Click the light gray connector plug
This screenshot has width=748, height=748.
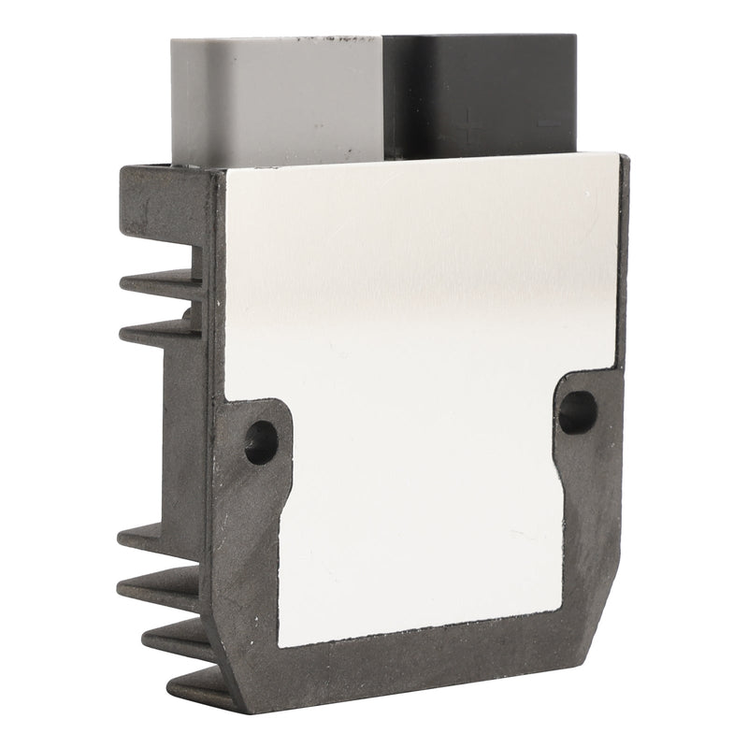(276, 98)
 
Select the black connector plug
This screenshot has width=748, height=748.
(482, 93)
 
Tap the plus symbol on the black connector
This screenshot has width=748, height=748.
(470, 122)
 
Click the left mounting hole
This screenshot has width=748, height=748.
(261, 441)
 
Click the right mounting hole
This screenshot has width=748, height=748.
(577, 411)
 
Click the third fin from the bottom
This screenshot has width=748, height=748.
(154, 587)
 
